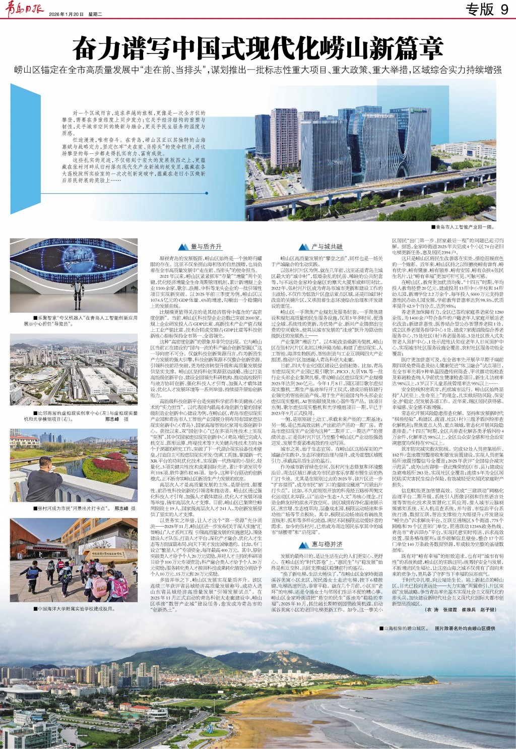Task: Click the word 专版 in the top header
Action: pos(479,9)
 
